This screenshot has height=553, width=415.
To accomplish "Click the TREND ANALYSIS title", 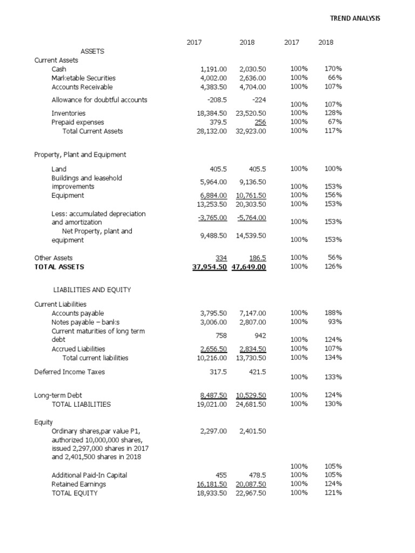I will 355,18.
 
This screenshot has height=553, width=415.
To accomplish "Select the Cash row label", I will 59,69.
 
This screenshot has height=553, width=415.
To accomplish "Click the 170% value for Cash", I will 333,69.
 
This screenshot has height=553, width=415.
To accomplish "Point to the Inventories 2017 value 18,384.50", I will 213,113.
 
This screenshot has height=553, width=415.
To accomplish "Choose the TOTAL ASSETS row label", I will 59,267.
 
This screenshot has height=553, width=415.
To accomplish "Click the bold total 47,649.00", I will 249,267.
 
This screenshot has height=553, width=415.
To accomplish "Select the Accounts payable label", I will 77,313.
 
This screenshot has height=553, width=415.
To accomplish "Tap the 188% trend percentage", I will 333,313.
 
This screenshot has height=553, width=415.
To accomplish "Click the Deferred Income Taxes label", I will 69,372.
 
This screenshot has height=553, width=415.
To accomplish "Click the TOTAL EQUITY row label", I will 75,493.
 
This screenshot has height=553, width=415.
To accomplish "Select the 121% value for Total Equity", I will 333,493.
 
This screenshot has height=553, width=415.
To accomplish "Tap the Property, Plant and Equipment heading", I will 80,155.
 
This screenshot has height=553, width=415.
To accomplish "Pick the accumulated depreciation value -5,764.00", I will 251,218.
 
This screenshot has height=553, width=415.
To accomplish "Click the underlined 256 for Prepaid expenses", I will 260,122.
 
